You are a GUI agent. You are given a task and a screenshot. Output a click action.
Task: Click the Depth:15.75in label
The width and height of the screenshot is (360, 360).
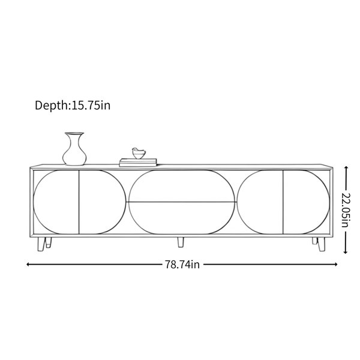coord(73,106)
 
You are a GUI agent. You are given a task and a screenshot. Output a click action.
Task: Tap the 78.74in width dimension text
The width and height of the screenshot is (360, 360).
coord(182,265)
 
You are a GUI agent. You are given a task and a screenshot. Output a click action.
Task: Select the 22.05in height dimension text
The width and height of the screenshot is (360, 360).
coord(346,211)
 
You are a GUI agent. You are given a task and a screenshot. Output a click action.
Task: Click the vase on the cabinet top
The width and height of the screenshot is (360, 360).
coord(74,149)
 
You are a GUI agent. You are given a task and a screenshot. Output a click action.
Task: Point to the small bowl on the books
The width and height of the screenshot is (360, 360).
coord(139,154)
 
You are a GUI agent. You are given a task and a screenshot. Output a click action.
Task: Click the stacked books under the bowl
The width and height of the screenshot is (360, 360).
coord(138,163)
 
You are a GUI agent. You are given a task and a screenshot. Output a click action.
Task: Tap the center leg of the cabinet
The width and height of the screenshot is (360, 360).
coord(181,242)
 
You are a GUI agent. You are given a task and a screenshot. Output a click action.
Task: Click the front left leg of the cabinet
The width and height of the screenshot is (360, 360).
coord(41,244)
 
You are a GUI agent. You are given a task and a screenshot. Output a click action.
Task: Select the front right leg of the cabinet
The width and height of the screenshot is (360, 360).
coord(321,244)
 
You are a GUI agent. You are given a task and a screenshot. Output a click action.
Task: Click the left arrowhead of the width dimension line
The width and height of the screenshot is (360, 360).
coord(28,265)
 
